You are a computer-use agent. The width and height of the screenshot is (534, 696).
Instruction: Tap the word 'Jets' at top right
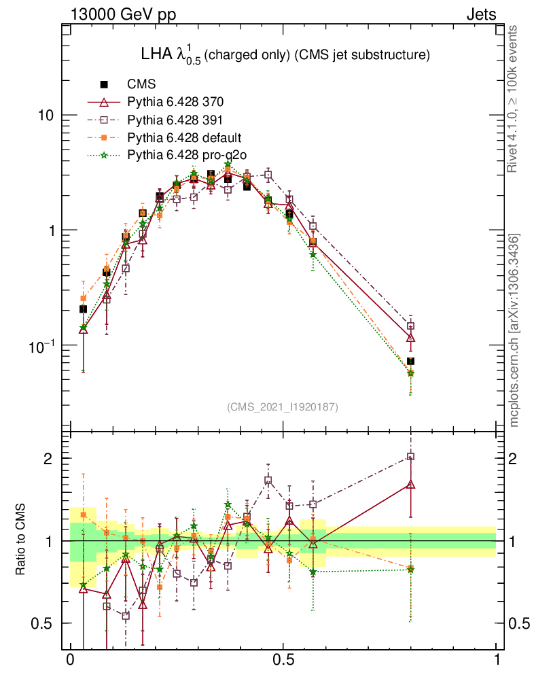click(480, 14)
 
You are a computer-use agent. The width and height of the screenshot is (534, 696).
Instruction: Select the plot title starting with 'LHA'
click(284, 55)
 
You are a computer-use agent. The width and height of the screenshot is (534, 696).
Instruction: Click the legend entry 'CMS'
click(142, 85)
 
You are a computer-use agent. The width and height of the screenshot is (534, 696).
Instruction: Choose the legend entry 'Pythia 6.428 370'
click(175, 103)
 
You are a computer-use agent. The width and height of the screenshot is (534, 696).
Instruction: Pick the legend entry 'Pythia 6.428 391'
click(175, 120)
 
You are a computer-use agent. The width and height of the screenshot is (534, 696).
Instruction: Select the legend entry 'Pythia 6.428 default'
click(183, 138)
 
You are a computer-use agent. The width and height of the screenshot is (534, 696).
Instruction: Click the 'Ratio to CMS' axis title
click(21, 541)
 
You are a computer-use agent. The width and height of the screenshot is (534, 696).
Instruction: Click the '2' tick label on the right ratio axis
click(514, 458)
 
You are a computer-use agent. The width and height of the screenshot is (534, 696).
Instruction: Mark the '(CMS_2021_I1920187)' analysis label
click(283, 406)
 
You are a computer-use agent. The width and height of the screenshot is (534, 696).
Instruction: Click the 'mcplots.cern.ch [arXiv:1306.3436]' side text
click(515, 330)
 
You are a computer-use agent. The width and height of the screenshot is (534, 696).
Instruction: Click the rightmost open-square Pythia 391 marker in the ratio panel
click(410, 457)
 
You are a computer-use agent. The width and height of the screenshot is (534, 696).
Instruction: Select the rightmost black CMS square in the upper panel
click(410, 361)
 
